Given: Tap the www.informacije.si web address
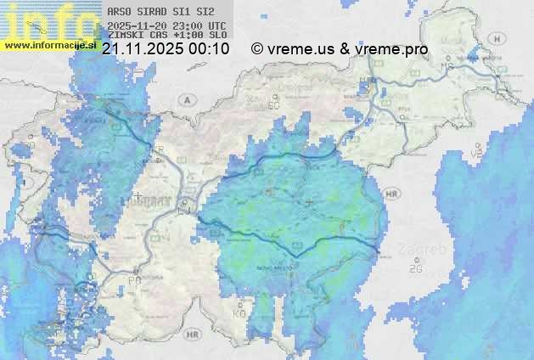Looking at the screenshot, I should pos(49,44).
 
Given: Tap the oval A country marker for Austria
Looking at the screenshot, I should pos(185,99).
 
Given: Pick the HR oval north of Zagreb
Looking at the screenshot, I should pos(392,194).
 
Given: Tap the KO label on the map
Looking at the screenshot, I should pos(239,313).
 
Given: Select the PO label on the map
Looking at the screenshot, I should pos(133,280).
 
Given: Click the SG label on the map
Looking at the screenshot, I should pos(273,105).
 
